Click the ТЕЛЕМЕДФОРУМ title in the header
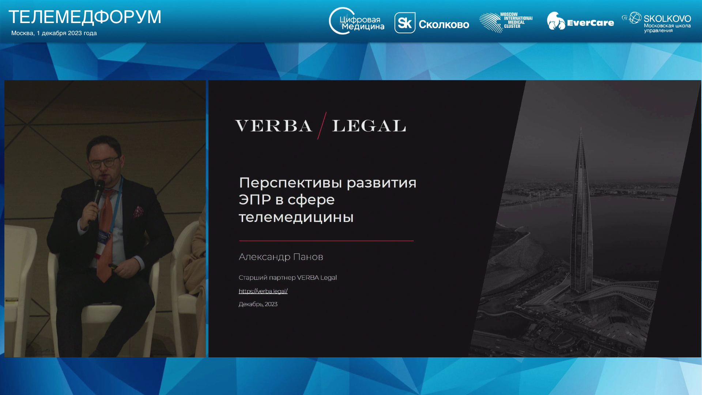(85, 17)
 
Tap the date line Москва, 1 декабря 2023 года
(54, 33)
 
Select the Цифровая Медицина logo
(356, 21)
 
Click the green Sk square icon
(405, 23)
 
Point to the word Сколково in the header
(444, 25)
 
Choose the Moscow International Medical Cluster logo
(506, 23)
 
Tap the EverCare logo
(580, 21)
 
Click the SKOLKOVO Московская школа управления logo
(656, 22)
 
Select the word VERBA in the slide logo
(273, 126)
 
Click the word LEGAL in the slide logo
(369, 126)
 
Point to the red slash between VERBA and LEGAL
(322, 125)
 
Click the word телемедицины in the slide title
(296, 217)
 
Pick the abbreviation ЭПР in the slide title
(255, 200)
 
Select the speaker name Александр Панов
(281, 257)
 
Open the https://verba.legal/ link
(263, 291)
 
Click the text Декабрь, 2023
(258, 304)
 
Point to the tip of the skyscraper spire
(581, 127)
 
